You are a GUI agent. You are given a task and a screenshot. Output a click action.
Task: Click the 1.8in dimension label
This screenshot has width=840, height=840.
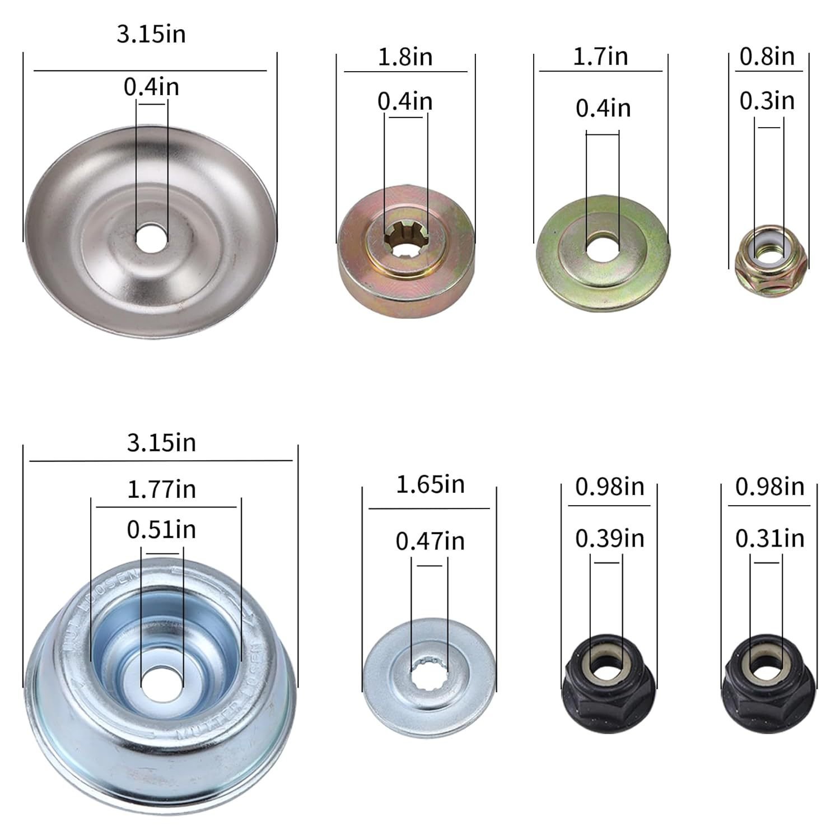(x=405, y=57)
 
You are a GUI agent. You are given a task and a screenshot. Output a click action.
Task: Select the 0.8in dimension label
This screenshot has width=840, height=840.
(x=767, y=56)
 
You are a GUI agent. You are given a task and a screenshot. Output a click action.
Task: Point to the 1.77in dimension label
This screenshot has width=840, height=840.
(x=162, y=489)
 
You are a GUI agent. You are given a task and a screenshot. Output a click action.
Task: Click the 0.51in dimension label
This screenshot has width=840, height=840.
(x=161, y=529)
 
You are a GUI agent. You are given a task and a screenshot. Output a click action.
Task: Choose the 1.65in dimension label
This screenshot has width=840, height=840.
(x=430, y=484)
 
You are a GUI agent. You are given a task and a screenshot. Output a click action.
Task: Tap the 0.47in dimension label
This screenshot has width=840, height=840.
(x=430, y=541)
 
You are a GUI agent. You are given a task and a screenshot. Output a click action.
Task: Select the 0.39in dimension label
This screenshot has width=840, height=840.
(x=610, y=538)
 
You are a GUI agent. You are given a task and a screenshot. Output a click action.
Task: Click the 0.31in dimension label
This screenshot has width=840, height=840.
(x=770, y=538)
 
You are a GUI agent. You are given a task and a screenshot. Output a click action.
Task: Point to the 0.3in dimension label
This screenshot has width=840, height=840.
(x=767, y=101)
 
